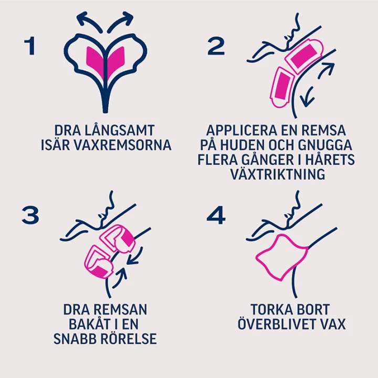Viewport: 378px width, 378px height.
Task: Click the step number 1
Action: pos(30,46)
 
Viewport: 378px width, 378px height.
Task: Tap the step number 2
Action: pos(216,46)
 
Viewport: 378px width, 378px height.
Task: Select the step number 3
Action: pos(30,215)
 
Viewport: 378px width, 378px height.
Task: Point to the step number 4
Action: pos(216,215)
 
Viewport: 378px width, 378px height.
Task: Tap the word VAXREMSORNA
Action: pos(122,145)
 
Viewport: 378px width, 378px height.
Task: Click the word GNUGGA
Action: pos(325,145)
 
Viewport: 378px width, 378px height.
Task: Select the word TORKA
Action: pos(267,309)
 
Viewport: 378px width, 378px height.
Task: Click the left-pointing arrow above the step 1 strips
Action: pos(89,21)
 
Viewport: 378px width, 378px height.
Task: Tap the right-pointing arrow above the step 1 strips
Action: pos(121,21)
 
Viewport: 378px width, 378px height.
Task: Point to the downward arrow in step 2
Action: pos(307,97)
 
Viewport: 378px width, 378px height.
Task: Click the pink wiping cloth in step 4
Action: pos(282,257)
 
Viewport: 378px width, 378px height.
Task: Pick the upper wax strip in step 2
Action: pos(304,56)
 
